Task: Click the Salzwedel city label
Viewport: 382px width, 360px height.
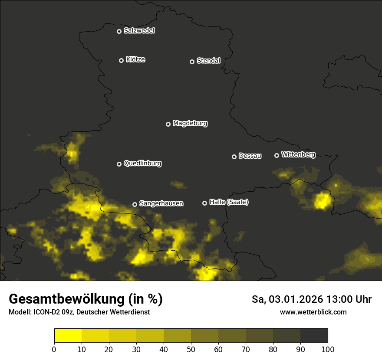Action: pyautogui.click(x=139, y=31)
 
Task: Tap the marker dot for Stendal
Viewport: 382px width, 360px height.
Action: pyautogui.click(x=192, y=62)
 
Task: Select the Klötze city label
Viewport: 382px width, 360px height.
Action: pyautogui.click(x=135, y=60)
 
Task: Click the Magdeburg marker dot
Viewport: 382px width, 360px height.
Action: pyautogui.click(x=168, y=124)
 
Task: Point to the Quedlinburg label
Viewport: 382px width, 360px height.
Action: pyautogui.click(x=142, y=164)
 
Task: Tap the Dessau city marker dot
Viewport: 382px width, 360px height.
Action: pyautogui.click(x=234, y=157)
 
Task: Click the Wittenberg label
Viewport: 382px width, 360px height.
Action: pyautogui.click(x=298, y=154)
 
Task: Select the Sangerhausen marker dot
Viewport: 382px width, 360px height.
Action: pyautogui.click(x=135, y=204)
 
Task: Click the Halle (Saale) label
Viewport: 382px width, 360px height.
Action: pyautogui.click(x=229, y=202)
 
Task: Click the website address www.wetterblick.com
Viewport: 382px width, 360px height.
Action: pyautogui.click(x=313, y=312)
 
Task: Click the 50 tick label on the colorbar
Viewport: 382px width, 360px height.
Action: pyautogui.click(x=191, y=349)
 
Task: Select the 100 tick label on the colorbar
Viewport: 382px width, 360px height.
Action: pyautogui.click(x=328, y=349)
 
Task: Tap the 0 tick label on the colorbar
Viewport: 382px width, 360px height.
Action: pyautogui.click(x=54, y=349)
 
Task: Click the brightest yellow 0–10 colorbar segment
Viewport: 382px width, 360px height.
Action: pyautogui.click(x=68, y=336)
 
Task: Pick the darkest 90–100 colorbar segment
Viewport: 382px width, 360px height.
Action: pyautogui.click(x=314, y=336)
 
